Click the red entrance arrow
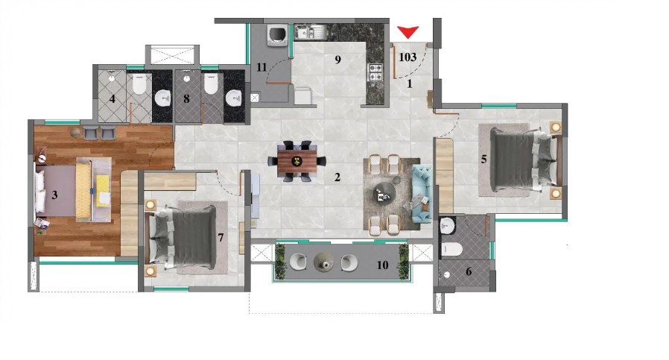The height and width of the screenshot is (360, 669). [x=408, y=32]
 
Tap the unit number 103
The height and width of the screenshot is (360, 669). [x=408, y=57]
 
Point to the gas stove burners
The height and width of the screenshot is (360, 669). [x=375, y=72]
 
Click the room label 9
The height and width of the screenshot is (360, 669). [x=338, y=60]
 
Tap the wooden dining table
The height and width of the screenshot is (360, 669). [x=297, y=162]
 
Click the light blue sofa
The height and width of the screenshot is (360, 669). [x=422, y=195]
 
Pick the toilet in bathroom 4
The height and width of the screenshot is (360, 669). [x=139, y=84]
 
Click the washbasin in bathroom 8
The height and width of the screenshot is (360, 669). [x=233, y=98]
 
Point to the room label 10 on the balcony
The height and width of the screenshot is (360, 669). [x=382, y=265]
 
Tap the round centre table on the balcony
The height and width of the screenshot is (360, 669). [x=324, y=261]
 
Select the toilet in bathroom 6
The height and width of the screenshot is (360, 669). [x=451, y=249]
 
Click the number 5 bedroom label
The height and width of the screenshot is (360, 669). [x=483, y=160]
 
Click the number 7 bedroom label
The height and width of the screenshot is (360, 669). [x=221, y=238]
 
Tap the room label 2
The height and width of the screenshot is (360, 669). [x=337, y=177]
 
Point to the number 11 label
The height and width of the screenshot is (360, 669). [x=261, y=67]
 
